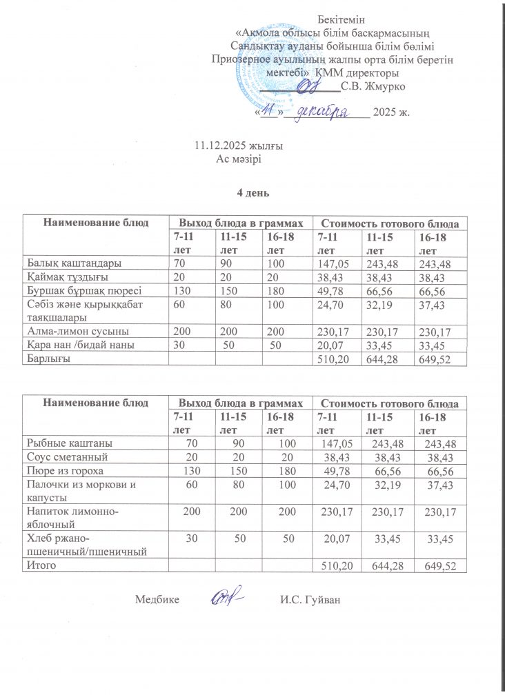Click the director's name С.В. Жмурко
click(x=373, y=86)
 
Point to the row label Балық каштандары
click(x=75, y=263)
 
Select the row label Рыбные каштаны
click(x=70, y=443)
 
